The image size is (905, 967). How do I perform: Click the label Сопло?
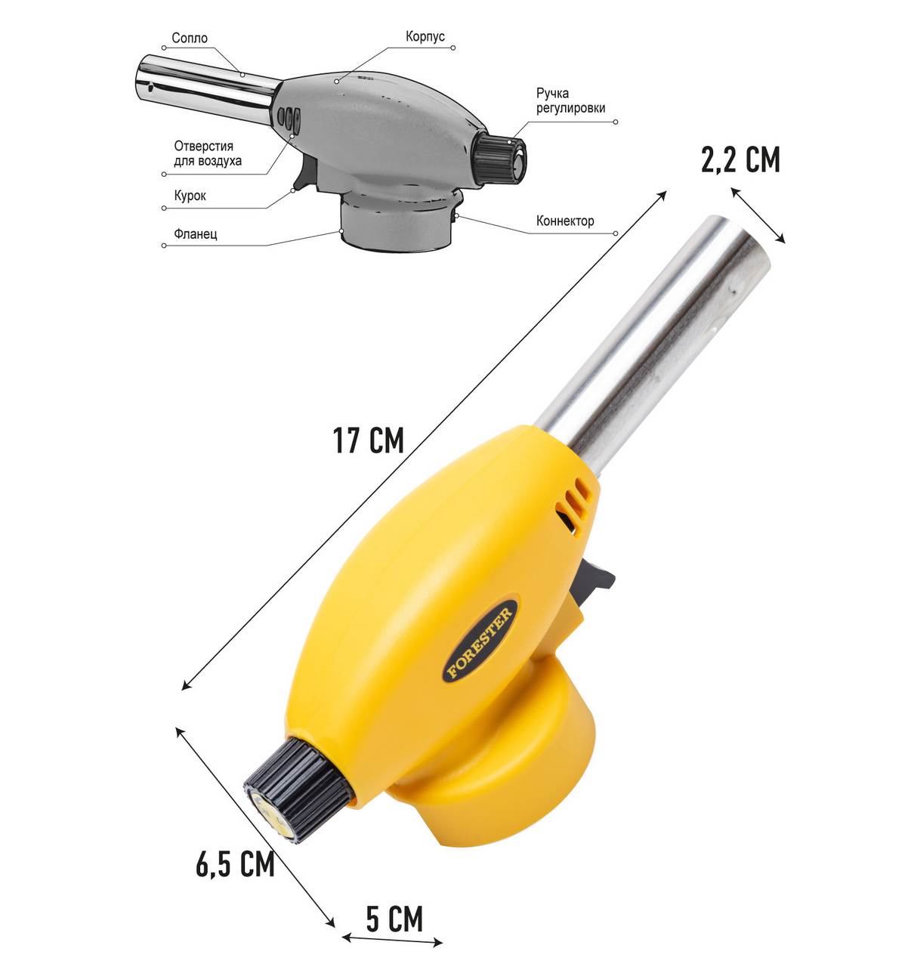190,38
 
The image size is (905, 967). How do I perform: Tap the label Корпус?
425,37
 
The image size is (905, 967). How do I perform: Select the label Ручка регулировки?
570,100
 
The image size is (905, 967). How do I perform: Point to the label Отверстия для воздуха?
208,153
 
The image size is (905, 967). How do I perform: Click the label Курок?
190,196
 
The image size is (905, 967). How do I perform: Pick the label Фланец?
196,234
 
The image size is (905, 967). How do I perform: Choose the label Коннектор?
565,221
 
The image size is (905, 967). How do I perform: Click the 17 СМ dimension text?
368,440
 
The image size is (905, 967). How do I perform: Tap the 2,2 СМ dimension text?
740,159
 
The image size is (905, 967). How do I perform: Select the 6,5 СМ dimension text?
235,864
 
